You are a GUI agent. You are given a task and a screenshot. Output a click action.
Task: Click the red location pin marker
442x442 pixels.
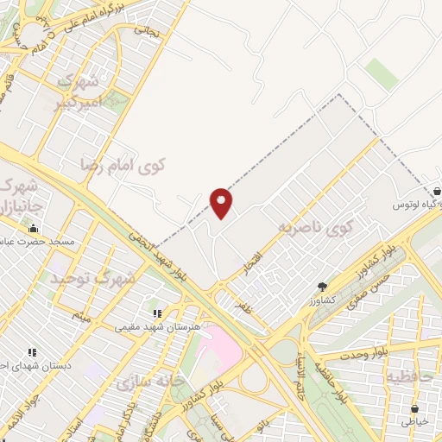(x=222, y=202)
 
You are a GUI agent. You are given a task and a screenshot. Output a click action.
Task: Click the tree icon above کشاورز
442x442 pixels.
(x=323, y=286)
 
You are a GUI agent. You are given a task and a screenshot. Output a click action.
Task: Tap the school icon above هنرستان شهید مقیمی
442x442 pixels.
(x=156, y=313)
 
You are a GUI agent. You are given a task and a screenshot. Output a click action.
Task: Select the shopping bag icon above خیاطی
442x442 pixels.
(x=415, y=408)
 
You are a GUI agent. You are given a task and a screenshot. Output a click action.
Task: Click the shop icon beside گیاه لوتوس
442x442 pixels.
(x=439, y=192)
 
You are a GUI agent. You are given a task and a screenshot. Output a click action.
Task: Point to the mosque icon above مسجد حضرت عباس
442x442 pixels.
(x=34, y=229)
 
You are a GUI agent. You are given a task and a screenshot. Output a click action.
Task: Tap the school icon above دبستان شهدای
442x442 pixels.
(x=32, y=352)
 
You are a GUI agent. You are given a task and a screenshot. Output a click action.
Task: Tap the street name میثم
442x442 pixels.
(x=82, y=317)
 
